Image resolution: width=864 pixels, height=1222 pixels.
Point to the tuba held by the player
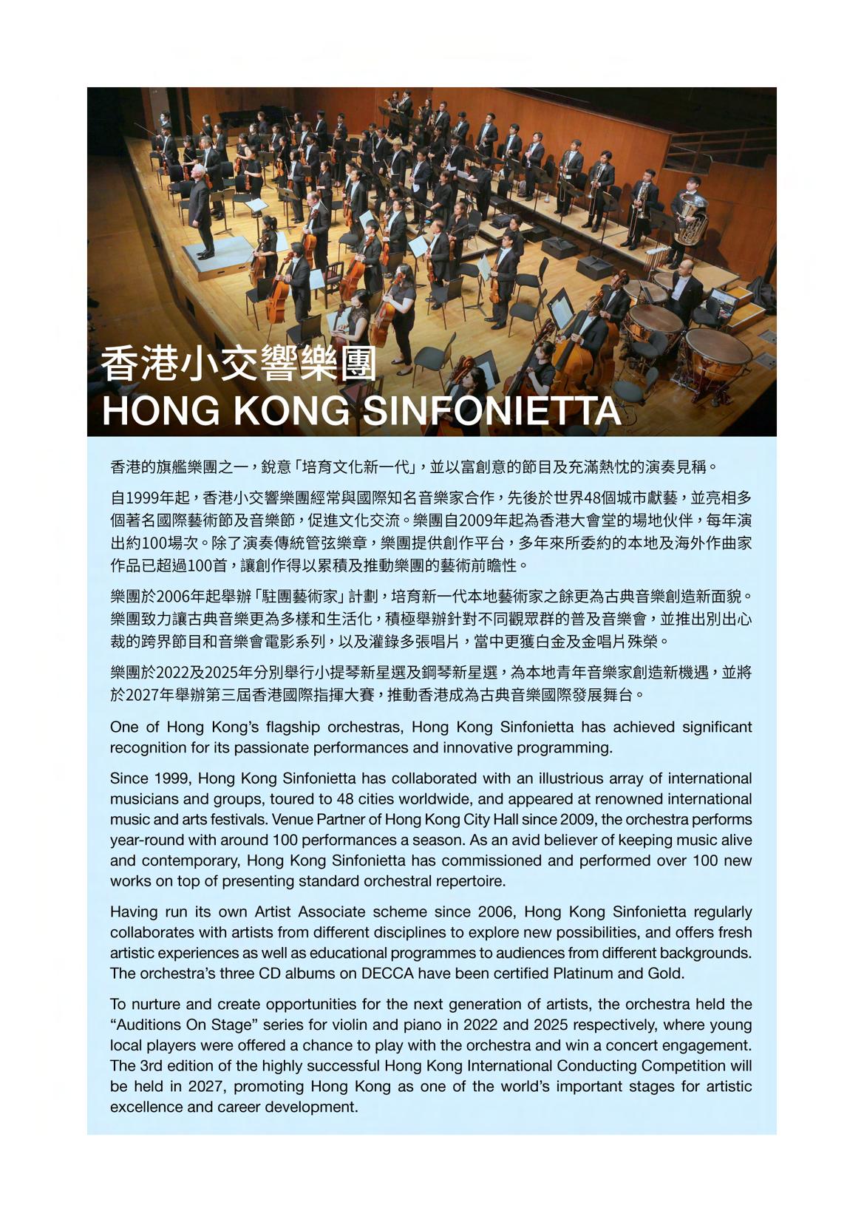[x=691, y=220]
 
